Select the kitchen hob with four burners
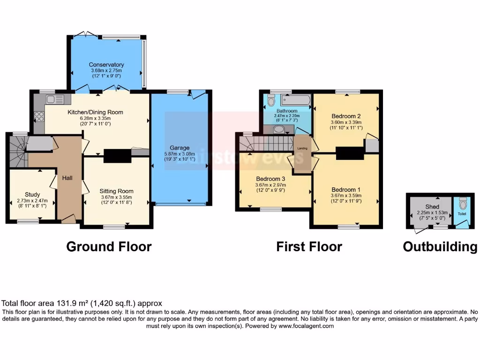39,116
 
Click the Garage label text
180,148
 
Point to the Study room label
32,195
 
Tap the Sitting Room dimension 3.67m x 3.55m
116,197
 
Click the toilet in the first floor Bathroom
270,101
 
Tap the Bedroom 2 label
346,116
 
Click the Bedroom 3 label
270,179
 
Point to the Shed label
432,207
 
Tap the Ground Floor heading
109,247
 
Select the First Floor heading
309,247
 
